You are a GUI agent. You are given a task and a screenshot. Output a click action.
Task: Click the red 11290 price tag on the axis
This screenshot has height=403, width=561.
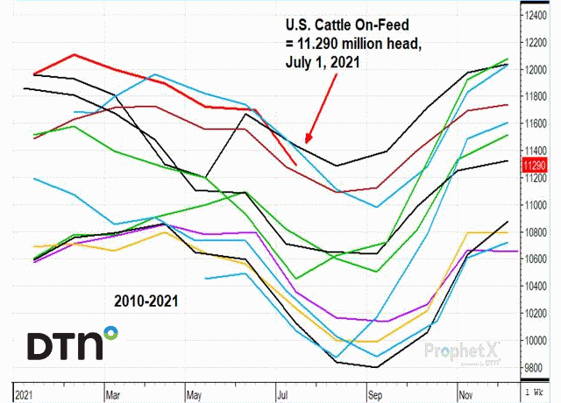tap(535, 165)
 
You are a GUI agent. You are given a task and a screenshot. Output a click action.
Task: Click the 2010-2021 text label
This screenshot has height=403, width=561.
tap(146, 300)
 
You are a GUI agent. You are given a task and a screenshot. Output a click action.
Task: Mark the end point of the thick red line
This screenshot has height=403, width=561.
tap(295, 164)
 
